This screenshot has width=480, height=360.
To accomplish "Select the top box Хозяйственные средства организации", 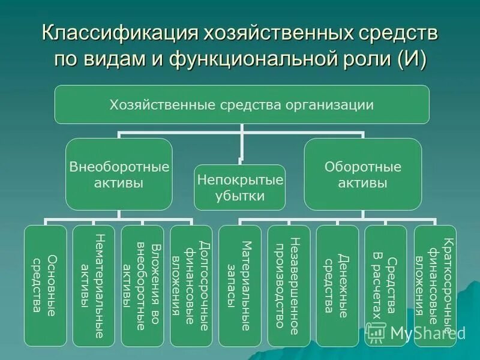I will pyautogui.click(x=242, y=105).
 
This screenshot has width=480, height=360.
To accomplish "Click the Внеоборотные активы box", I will pyautogui.click(x=119, y=174).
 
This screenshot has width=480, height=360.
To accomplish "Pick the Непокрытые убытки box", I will pyautogui.click(x=239, y=187).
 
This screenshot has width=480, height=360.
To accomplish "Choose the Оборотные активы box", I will pyautogui.click(x=362, y=174).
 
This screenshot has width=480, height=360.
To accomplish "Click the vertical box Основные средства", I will pyautogui.click(x=46, y=286).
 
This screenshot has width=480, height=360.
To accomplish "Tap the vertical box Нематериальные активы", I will pyautogui.click(x=94, y=286).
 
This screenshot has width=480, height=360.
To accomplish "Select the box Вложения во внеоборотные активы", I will pyautogui.click(x=142, y=286).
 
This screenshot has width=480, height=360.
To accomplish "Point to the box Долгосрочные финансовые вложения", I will pyautogui.click(x=191, y=286).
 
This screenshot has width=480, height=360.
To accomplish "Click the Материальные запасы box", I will pyautogui.click(x=239, y=286).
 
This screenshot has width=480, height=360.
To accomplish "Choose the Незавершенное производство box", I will pyautogui.click(x=288, y=286).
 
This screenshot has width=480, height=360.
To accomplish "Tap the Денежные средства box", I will pyautogui.click(x=337, y=286).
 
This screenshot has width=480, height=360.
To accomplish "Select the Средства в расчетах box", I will pyautogui.click(x=385, y=286).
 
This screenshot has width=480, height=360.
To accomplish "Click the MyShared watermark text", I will pyautogui.click(x=427, y=333).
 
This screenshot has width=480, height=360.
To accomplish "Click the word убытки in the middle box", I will pyautogui.click(x=239, y=196).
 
